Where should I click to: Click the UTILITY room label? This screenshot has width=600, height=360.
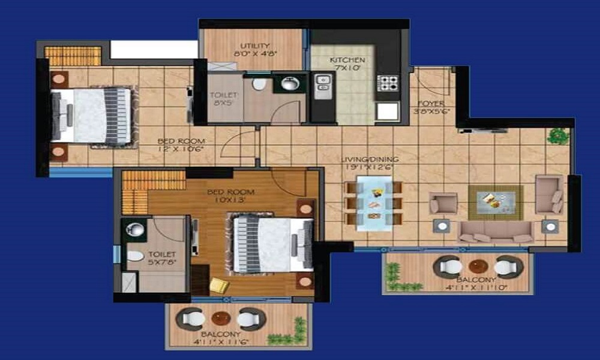[x=254, y=46]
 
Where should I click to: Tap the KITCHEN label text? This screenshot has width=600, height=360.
[x=347, y=61]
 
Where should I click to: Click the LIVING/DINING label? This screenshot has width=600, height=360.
[x=369, y=159]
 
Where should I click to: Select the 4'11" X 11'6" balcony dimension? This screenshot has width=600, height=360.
[x=221, y=342]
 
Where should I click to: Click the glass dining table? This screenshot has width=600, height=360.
[x=373, y=203]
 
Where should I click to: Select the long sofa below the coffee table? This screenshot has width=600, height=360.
[x=496, y=231]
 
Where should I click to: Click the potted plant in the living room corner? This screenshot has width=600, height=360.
[x=557, y=136]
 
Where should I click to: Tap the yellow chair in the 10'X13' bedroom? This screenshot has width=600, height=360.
[x=219, y=286]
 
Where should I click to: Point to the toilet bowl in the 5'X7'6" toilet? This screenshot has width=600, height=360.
[x=136, y=256]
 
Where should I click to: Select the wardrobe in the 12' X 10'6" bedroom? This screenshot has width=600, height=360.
[x=73, y=56]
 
